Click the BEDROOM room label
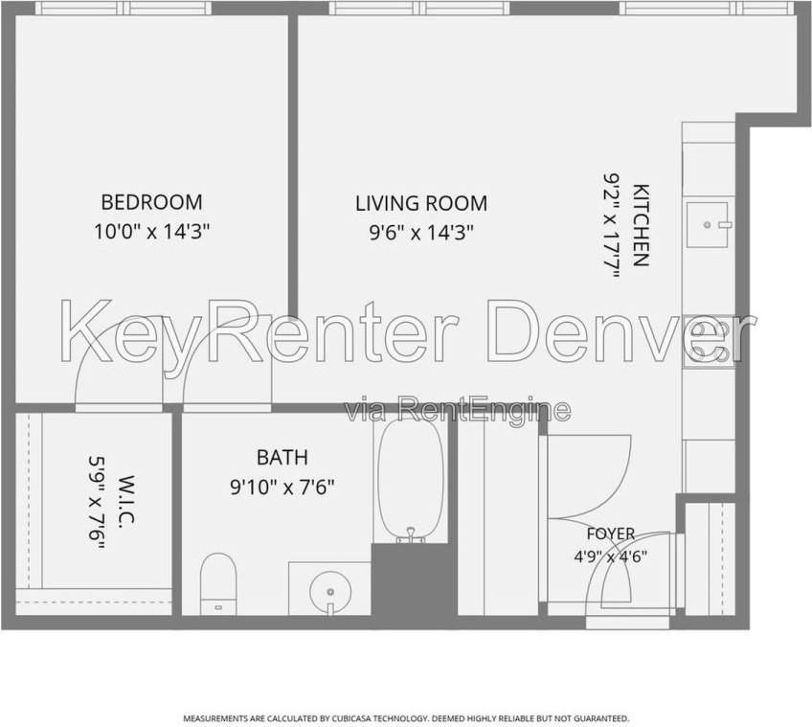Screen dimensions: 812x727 [x=151, y=202]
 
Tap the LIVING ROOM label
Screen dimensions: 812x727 [x=421, y=203]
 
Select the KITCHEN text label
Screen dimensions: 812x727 [x=642, y=225]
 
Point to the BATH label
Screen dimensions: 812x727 [x=282, y=457]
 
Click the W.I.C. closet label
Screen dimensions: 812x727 [x=125, y=502]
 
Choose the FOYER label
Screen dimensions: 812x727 [x=611, y=534]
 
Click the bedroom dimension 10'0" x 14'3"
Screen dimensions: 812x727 [x=151, y=231]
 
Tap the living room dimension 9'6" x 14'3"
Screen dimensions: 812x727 [x=421, y=233]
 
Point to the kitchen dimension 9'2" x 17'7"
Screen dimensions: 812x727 [x=612, y=225]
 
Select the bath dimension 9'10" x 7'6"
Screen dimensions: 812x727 [x=282, y=487]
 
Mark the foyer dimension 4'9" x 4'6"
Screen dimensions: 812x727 [x=611, y=557]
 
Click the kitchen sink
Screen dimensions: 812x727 [x=708, y=224]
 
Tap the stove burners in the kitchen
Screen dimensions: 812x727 [x=709, y=341]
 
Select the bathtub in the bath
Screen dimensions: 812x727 [x=411, y=479]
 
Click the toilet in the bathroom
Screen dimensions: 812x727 [x=218, y=584]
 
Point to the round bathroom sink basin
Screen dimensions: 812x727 [x=329, y=592]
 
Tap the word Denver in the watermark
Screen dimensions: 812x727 [x=620, y=333]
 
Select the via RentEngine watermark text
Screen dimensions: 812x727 [x=458, y=410]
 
